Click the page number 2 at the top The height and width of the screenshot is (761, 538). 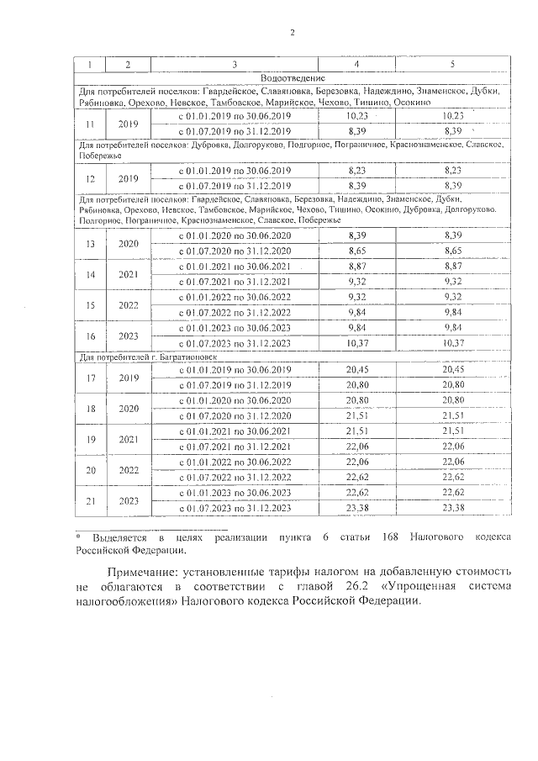click(x=291, y=33)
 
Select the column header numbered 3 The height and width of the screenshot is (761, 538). click(x=235, y=65)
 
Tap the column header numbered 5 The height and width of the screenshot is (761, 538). click(x=452, y=65)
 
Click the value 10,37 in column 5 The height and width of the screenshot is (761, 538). click(x=452, y=342)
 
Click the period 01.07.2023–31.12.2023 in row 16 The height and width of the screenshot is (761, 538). click(x=235, y=342)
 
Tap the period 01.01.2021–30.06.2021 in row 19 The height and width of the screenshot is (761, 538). click(x=235, y=431)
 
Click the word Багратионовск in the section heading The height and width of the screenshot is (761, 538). click(x=187, y=357)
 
